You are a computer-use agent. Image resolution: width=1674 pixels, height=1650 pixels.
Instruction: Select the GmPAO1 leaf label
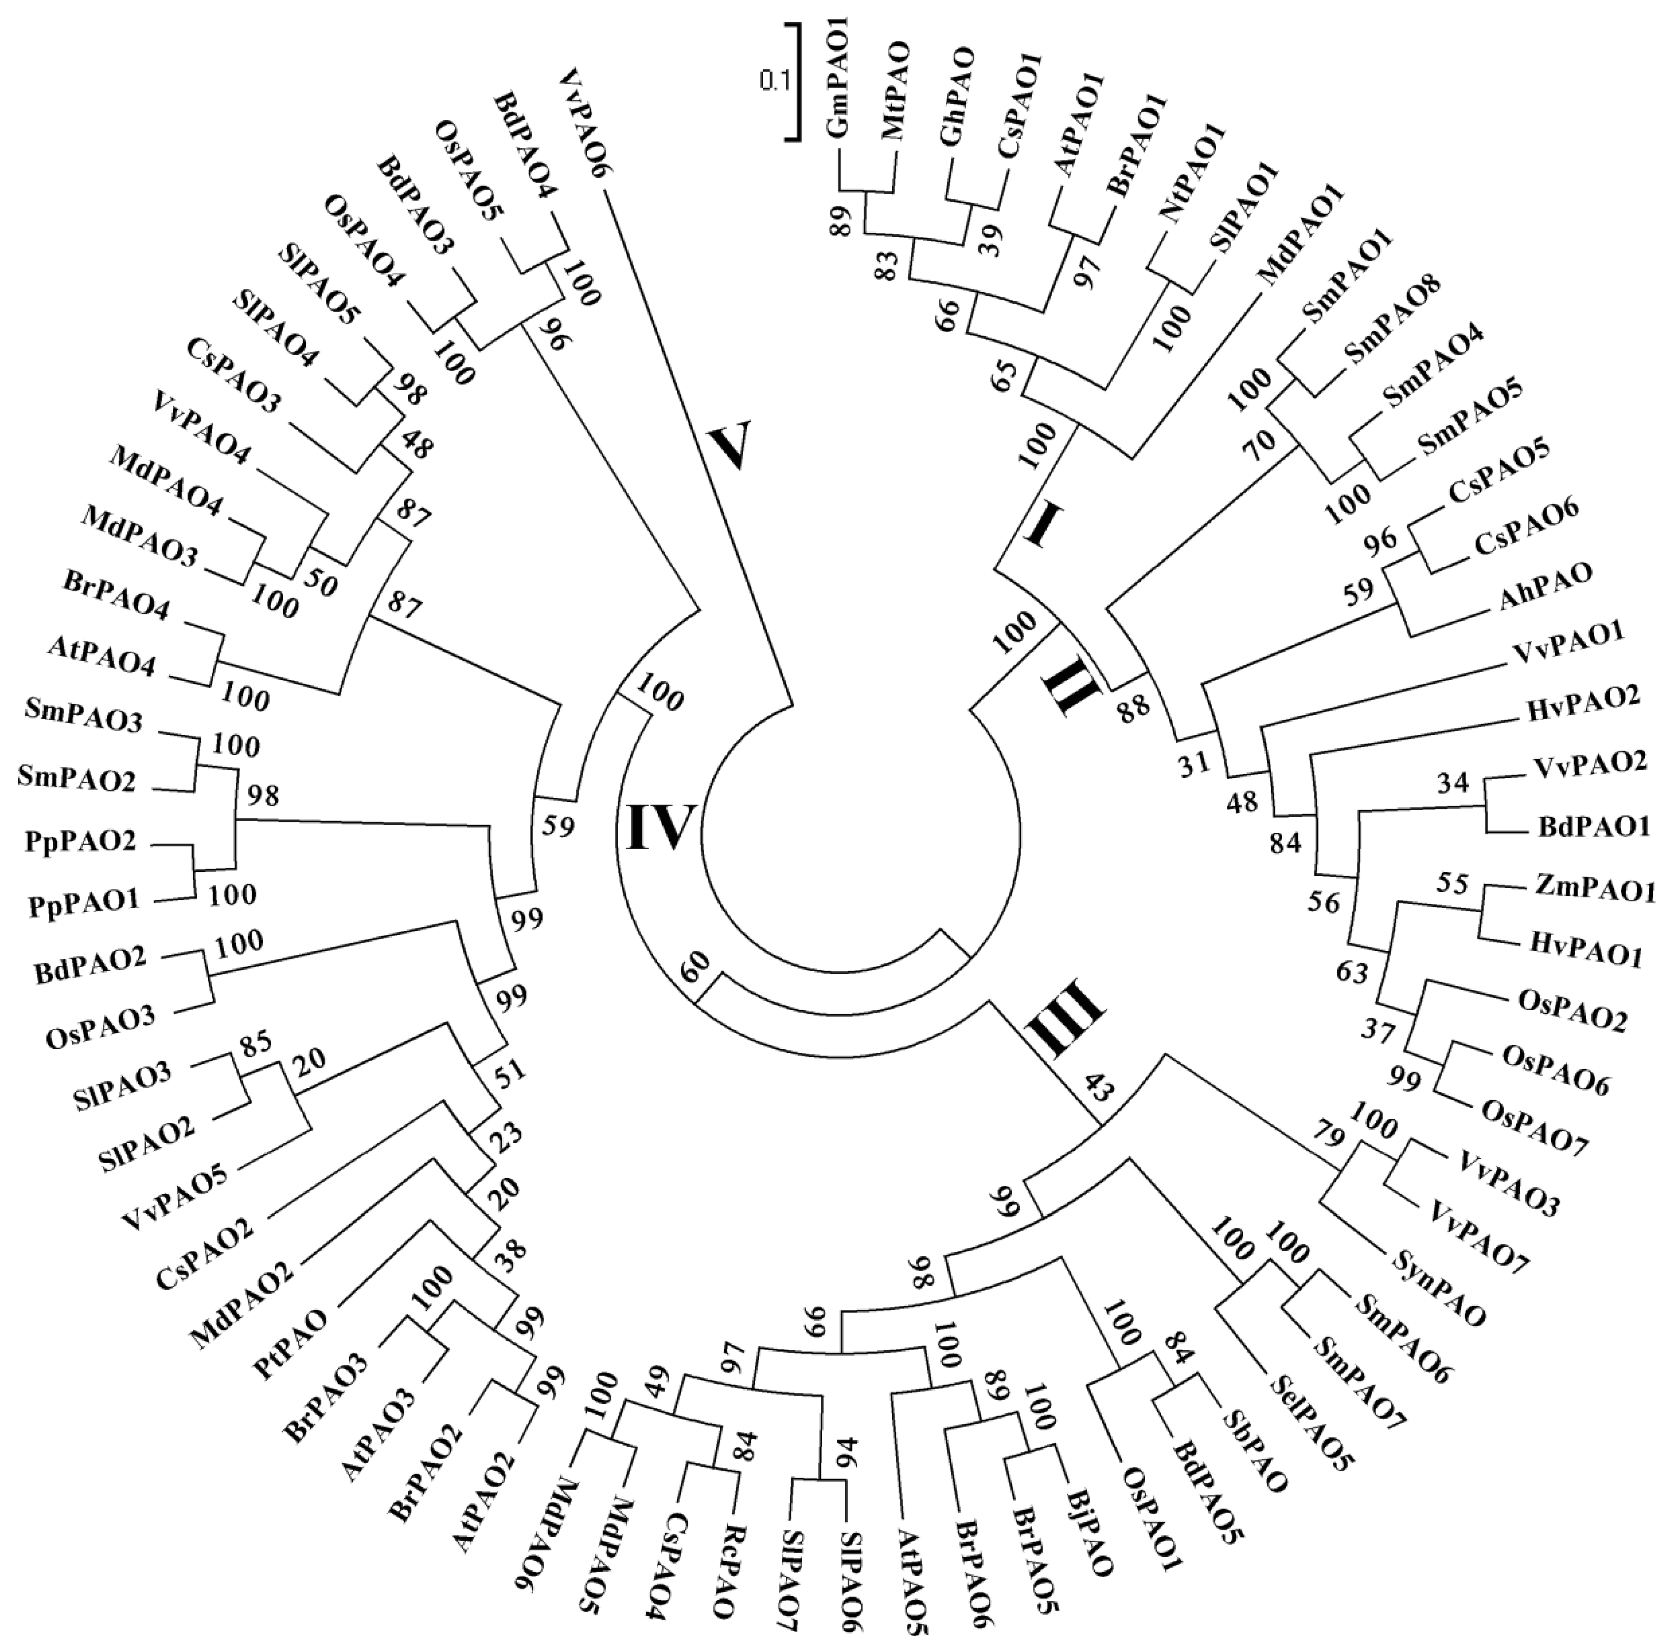(839, 91)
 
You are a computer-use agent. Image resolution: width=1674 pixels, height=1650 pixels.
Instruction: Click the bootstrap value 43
(1083, 1093)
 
